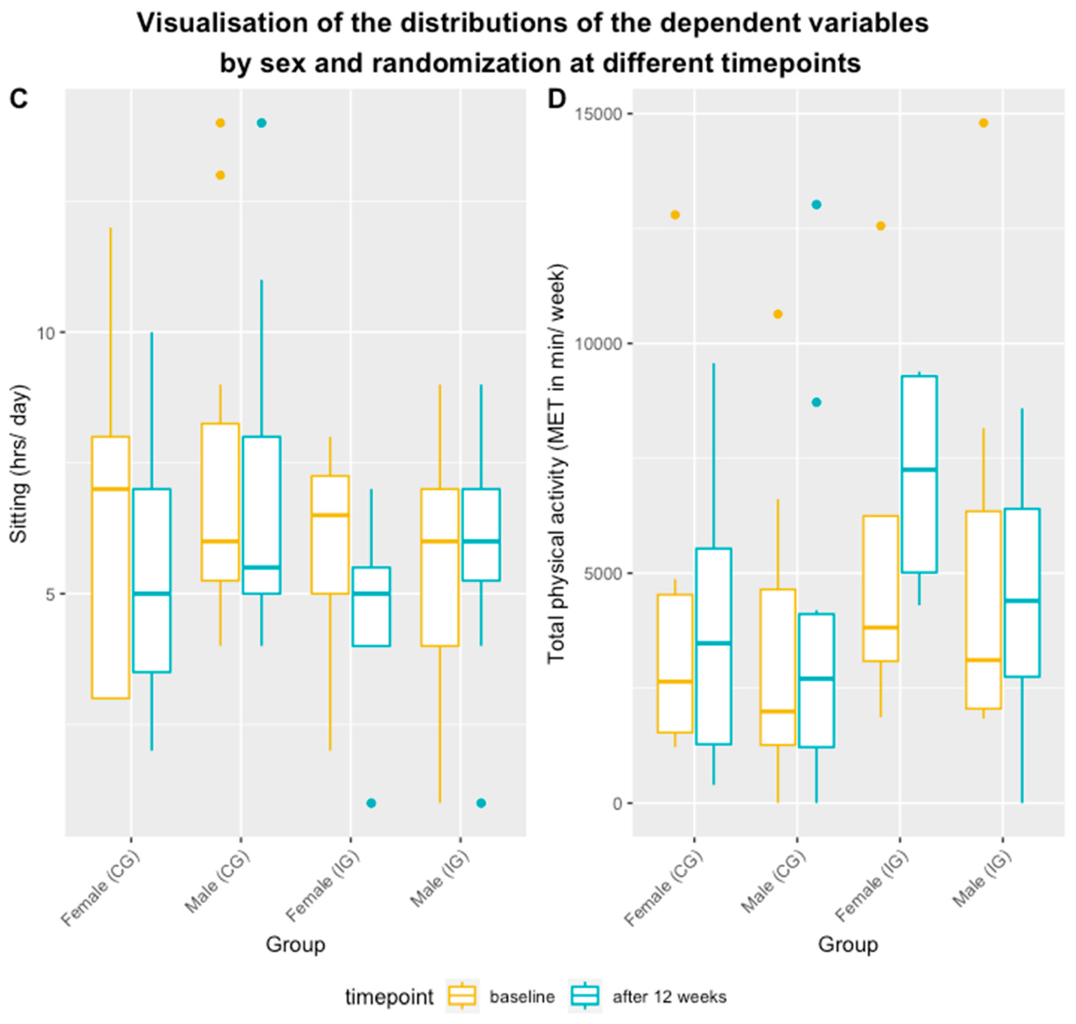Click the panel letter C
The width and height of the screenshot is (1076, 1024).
click(19, 99)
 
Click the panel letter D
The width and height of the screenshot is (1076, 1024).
click(557, 99)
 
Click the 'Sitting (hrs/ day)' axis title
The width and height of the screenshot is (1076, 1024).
click(19, 464)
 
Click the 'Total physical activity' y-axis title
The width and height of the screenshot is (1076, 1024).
click(557, 464)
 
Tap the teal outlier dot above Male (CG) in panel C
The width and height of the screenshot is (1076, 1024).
click(262, 123)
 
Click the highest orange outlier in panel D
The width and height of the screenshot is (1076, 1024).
click(983, 123)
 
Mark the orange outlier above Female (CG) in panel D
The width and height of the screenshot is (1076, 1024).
click(675, 215)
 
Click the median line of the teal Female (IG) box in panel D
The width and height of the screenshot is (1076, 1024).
click(919, 469)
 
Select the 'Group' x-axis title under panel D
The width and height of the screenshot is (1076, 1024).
click(848, 944)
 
